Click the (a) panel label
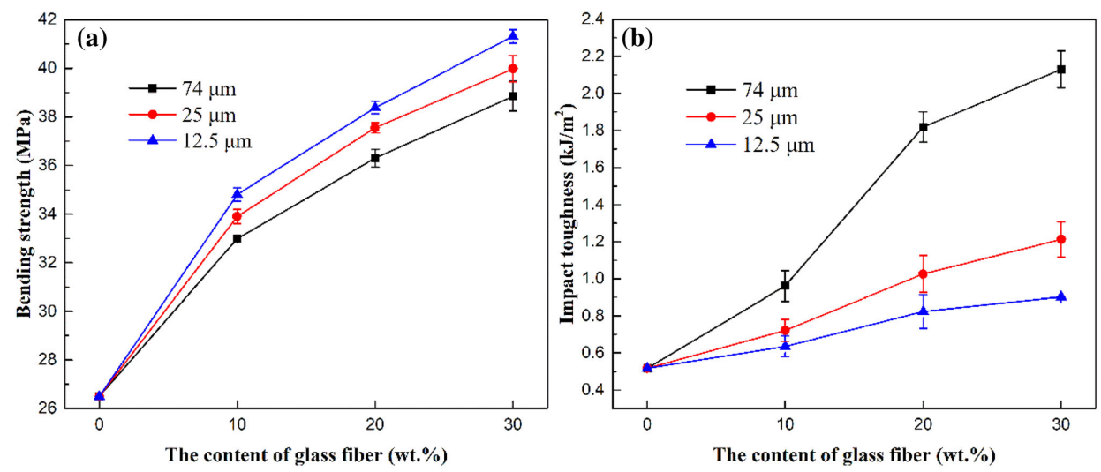[94, 37]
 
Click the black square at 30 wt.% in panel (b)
[1061, 69]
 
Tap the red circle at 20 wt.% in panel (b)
[924, 273]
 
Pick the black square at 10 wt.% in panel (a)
[237, 238]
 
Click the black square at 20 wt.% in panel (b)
[924, 127]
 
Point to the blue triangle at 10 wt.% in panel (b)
[785, 346]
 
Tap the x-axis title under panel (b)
[854, 455]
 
